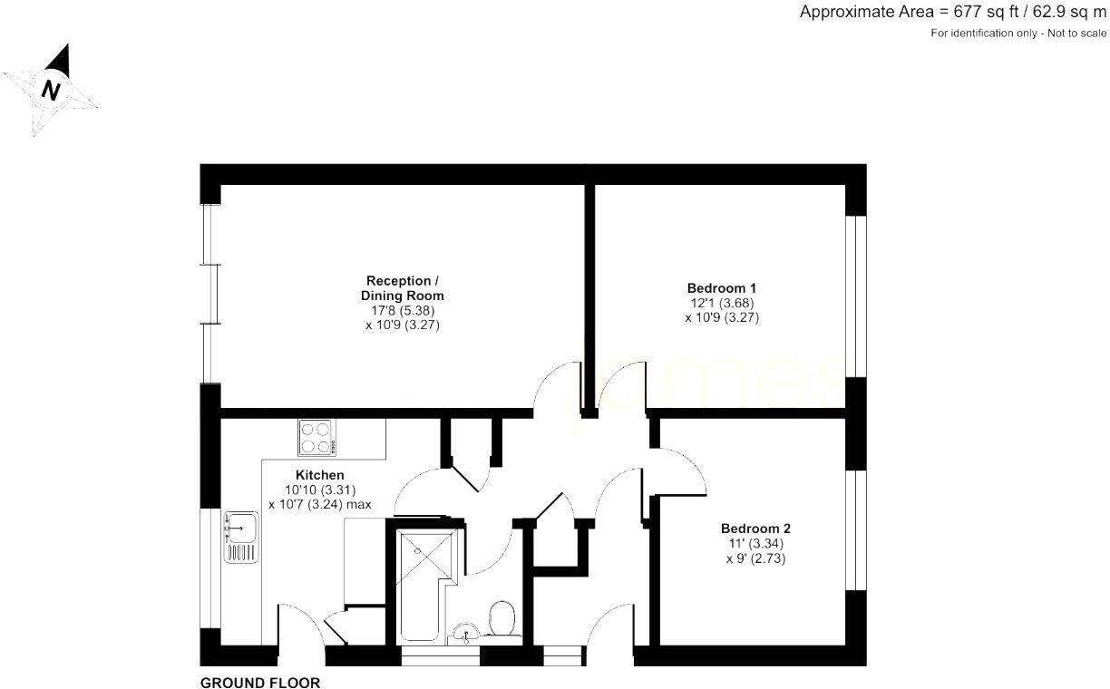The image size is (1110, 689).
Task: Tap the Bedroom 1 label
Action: tap(722, 287)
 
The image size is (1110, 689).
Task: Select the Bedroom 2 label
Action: tap(755, 529)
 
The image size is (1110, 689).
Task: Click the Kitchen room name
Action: tap(320, 475)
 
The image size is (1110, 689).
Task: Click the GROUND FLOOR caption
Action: tap(260, 683)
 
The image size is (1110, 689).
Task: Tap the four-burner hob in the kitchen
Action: tap(316, 437)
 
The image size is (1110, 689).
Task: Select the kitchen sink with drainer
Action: tap(241, 537)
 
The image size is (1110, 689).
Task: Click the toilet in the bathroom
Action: tap(501, 620)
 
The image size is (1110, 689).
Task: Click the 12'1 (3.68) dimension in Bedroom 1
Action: tap(722, 303)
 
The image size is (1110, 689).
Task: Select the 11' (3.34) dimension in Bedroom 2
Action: tap(755, 544)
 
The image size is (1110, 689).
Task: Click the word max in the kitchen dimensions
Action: tap(358, 505)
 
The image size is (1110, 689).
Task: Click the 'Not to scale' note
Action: tap(1076, 34)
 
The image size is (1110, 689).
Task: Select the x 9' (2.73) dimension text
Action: tap(755, 558)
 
